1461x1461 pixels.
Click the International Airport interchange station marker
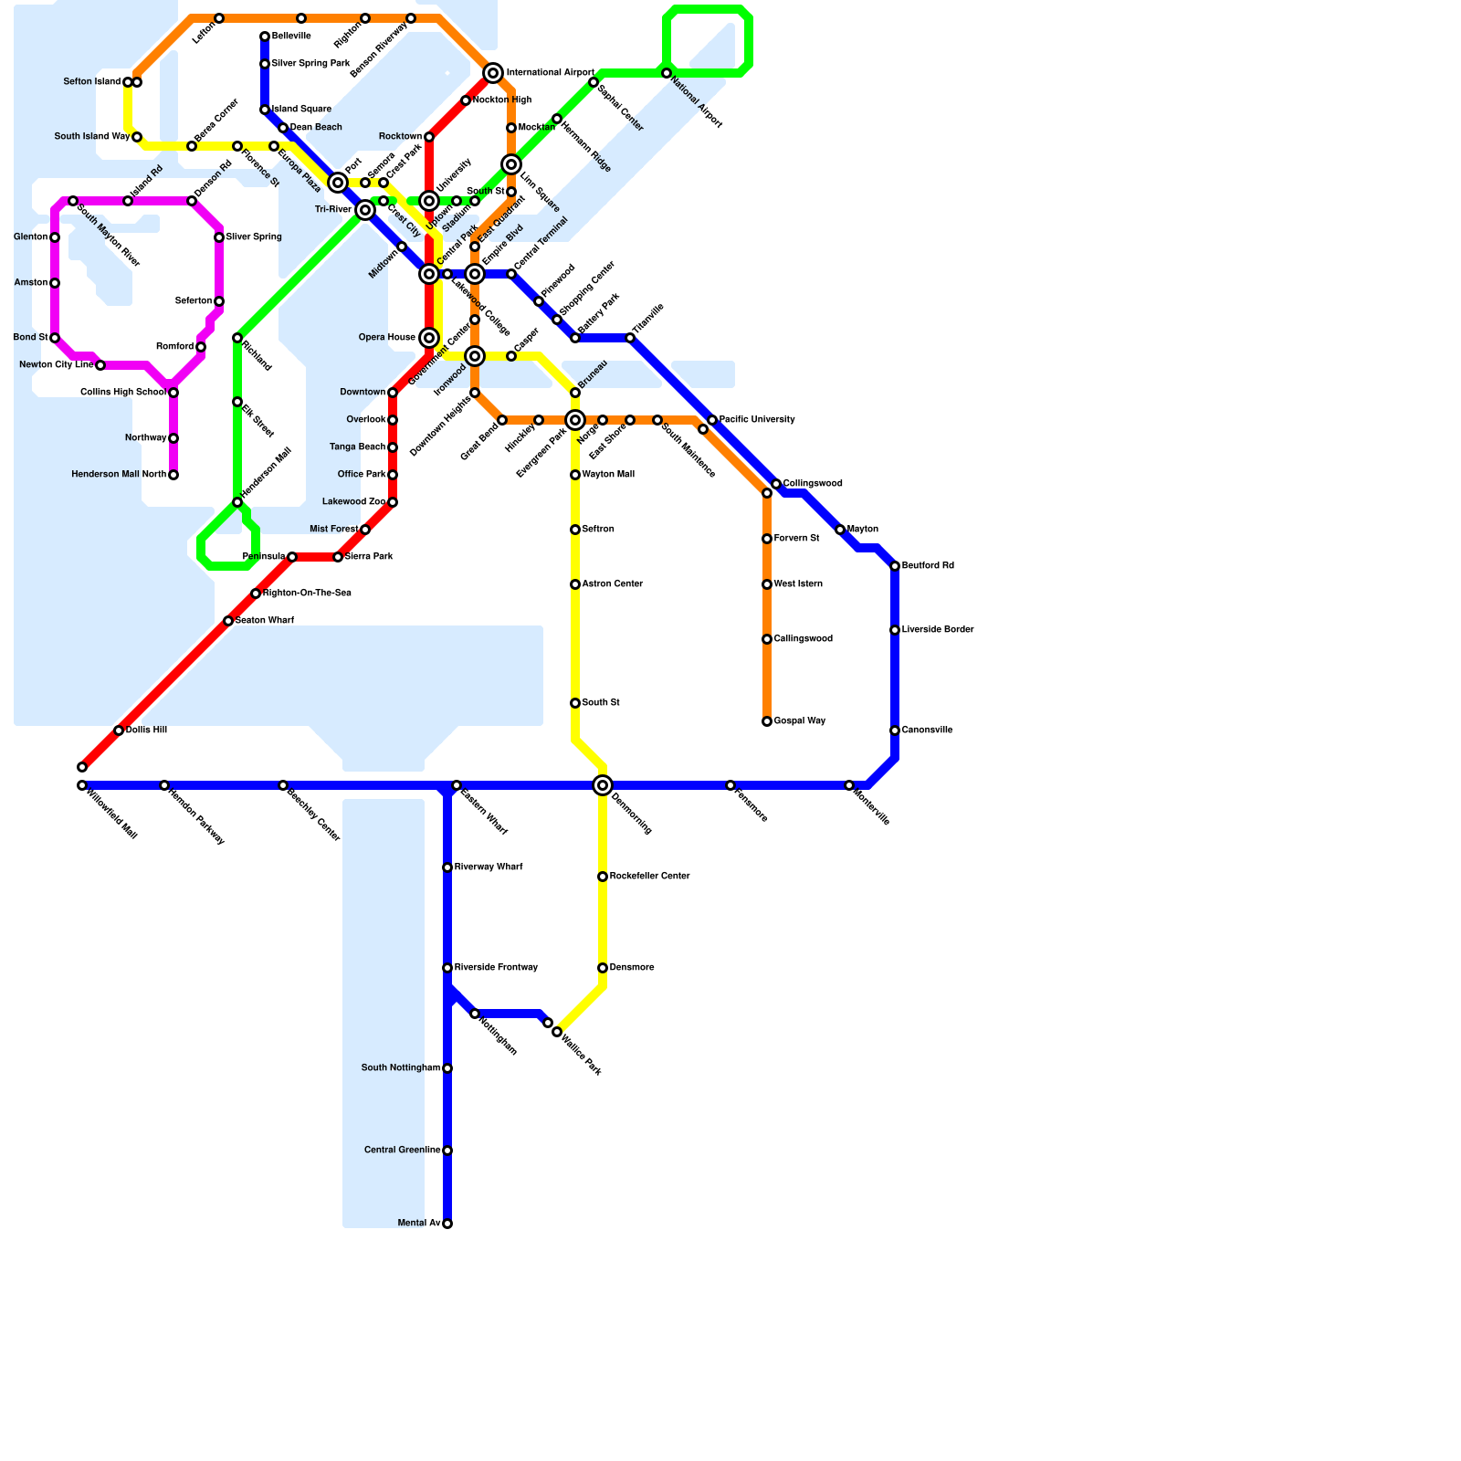493,73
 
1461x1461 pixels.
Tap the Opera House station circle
429,338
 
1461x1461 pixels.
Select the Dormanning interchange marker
603,785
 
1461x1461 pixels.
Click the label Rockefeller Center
649,877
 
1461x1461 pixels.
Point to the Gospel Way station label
799,721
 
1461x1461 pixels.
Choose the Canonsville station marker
895,730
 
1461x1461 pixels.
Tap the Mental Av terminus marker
447,1224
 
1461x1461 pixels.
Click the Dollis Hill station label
146,730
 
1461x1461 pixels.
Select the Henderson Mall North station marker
173,475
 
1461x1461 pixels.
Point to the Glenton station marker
55,237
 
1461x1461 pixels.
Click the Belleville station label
291,37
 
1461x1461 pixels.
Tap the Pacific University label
756,420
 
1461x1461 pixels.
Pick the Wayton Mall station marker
575,475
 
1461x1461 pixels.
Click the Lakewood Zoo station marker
393,502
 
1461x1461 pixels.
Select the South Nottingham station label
401,1068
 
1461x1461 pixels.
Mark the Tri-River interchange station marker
365,210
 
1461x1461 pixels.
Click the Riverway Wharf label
489,867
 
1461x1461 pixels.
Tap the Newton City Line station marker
100,365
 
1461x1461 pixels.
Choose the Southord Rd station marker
895,566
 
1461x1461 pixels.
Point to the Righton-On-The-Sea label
307,594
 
